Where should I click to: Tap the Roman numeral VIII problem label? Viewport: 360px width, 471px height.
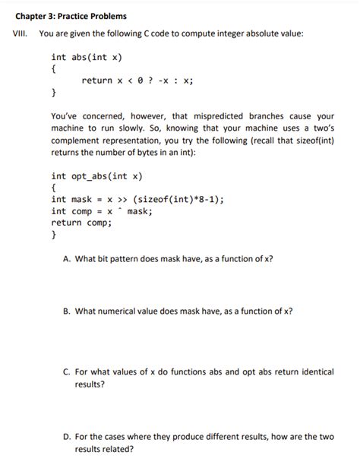pos(18,34)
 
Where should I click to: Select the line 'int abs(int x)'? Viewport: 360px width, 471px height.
pos(87,57)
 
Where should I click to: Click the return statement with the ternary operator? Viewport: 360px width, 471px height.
pos(137,81)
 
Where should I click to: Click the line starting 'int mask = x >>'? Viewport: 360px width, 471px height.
pos(137,200)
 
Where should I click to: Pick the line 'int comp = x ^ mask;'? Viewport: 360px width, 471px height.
pos(102,211)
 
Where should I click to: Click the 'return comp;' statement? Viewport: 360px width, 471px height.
pos(81,223)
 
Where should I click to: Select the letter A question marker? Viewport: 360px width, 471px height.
pos(68,258)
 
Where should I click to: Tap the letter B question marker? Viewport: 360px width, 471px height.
pos(68,311)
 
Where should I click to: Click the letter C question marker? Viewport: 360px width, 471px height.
pos(68,372)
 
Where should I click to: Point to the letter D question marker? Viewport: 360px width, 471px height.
pos(68,437)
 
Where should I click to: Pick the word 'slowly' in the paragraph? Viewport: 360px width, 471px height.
pos(141,128)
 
